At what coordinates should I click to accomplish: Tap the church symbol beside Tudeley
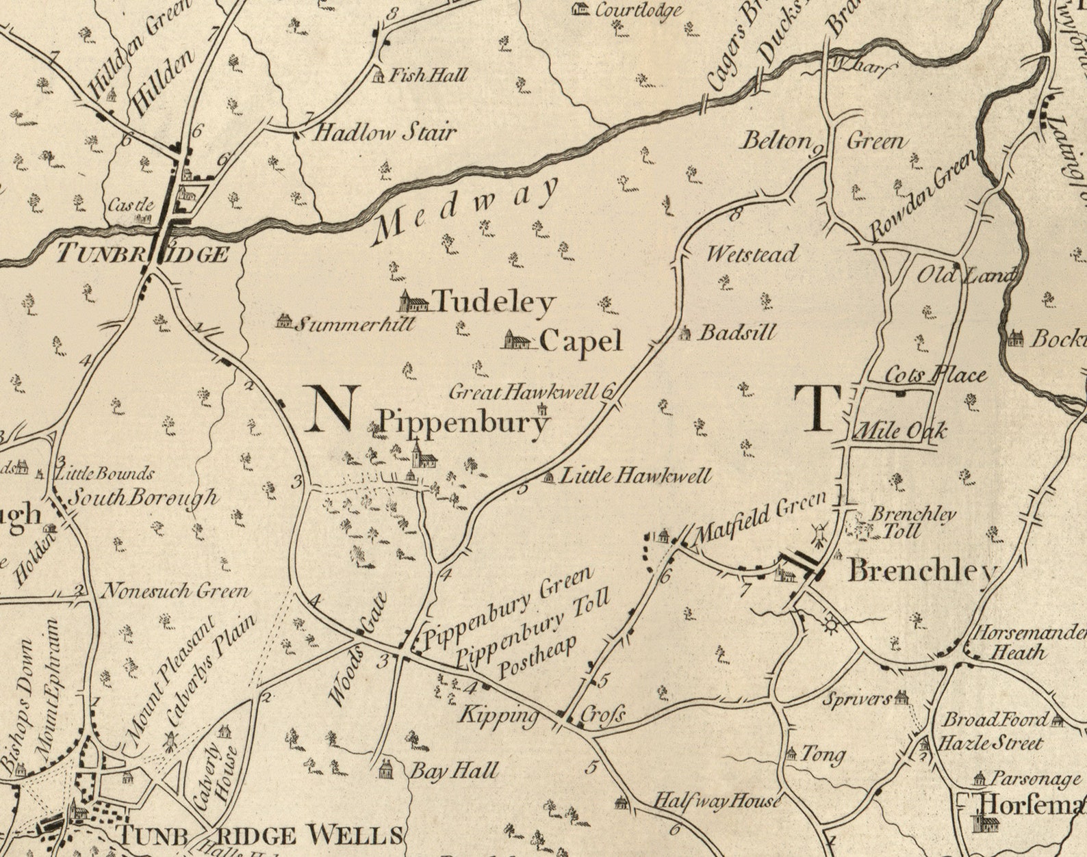tap(414, 301)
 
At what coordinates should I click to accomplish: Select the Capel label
tap(580, 341)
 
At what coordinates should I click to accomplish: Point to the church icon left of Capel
tap(517, 340)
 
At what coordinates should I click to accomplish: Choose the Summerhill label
tap(355, 324)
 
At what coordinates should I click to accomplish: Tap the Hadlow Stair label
tap(384, 132)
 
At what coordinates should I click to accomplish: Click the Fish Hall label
tap(428, 75)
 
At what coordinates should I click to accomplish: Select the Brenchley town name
tap(921, 570)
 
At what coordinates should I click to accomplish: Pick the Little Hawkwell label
tap(636, 475)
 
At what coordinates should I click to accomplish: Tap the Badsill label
tap(737, 333)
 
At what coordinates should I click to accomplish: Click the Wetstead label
tap(752, 254)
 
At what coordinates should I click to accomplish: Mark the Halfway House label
tap(717, 801)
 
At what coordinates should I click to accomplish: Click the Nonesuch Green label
tap(175, 590)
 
